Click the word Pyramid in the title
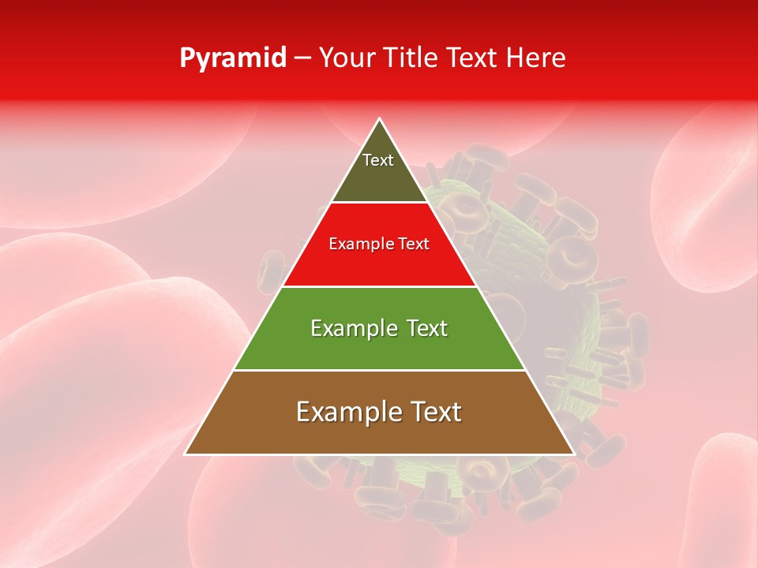coord(232,58)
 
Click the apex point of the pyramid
coord(380,119)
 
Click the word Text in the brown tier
coord(437,412)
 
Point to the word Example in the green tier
coord(352,328)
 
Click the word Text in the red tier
coord(412,245)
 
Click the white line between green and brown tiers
coord(379,370)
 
